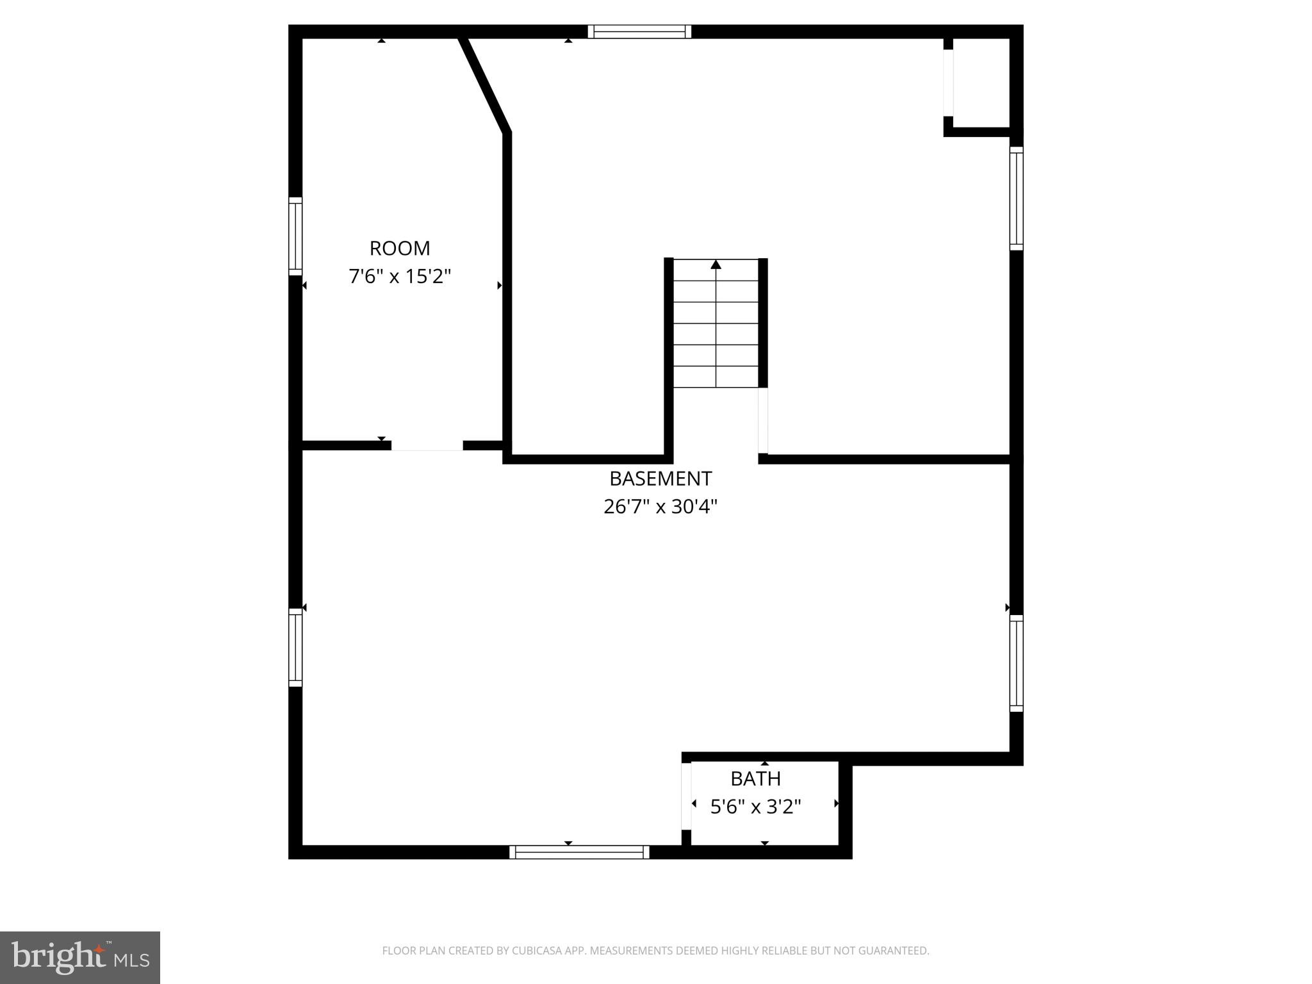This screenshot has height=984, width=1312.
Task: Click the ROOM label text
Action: coord(400,248)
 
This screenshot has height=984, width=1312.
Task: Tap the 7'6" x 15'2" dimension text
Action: coord(400,277)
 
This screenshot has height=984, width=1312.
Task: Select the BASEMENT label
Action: coord(660,479)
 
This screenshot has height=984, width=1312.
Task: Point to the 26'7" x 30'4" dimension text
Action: coord(660,507)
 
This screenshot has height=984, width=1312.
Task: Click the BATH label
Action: coord(755,778)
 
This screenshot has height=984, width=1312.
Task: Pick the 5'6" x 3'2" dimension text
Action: coord(755,807)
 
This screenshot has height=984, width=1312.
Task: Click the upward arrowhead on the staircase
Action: coord(716,265)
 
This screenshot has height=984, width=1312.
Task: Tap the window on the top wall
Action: coord(639,31)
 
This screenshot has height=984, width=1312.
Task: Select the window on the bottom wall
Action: coord(579,852)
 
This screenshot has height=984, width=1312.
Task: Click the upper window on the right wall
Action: coord(1016,198)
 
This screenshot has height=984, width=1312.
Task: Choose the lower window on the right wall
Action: coord(1016,663)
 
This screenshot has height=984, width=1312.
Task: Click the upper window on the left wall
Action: coord(295,236)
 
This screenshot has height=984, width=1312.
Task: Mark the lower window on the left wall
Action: coord(295,647)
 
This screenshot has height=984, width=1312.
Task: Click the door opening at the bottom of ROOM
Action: coord(427,446)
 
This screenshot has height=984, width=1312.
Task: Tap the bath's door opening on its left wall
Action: coord(686,796)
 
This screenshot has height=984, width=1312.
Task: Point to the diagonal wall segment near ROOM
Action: coord(485,85)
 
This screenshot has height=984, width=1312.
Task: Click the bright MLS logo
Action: coord(80,957)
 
